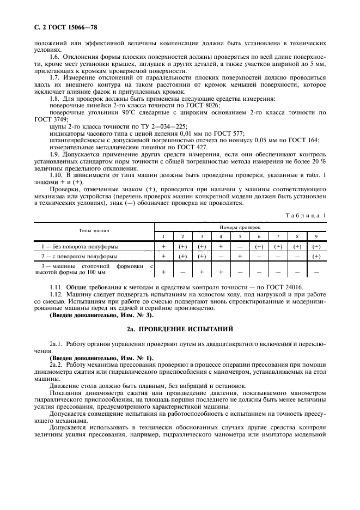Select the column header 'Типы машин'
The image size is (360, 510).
[x=94, y=230]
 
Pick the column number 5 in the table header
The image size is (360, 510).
[x=240, y=236]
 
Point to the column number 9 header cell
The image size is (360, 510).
[x=316, y=236]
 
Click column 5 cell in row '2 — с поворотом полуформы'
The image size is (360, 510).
[x=240, y=256]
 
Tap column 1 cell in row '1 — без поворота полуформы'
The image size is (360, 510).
[x=163, y=246]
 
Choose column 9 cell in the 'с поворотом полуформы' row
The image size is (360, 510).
[x=316, y=256]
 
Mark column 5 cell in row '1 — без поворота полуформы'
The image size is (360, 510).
[x=240, y=246]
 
